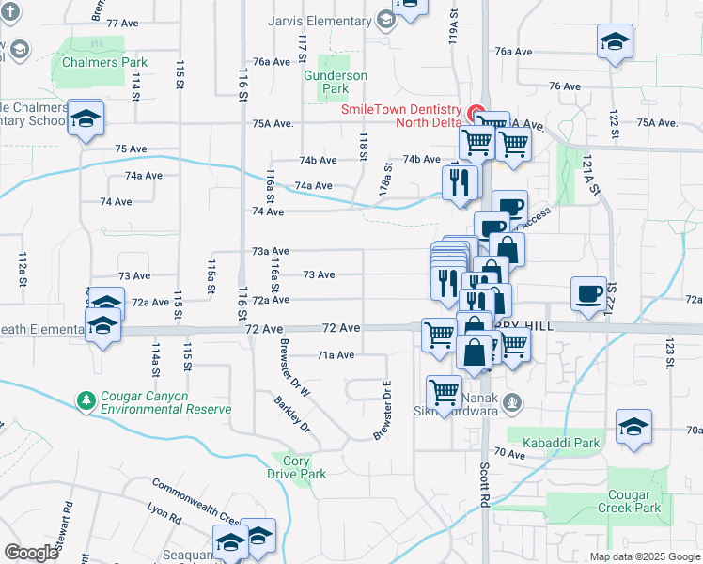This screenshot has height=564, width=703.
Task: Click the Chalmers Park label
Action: [x=104, y=63]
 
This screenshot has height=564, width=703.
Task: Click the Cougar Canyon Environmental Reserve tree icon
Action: [x=87, y=401]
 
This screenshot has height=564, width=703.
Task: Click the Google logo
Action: [x=31, y=553]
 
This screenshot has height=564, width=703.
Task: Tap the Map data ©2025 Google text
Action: [x=644, y=556]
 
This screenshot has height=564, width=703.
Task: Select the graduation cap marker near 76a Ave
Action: [x=614, y=42]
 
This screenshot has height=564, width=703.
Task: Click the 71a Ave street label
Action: [x=336, y=355]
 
